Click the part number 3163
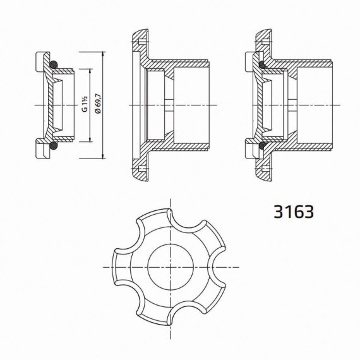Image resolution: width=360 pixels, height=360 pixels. (x=294, y=212)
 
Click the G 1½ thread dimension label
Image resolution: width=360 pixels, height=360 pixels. (x=85, y=104)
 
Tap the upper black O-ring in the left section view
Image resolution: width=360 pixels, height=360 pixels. (x=54, y=64)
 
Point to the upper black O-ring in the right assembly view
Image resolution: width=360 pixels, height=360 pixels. (x=263, y=64)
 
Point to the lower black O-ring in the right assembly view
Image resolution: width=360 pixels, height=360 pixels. (x=263, y=145)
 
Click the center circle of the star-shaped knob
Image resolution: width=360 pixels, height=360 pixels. (x=171, y=267)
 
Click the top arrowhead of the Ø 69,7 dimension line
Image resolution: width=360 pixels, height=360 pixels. (x=104, y=54)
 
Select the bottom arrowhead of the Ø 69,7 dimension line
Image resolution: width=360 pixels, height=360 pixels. (x=104, y=155)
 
